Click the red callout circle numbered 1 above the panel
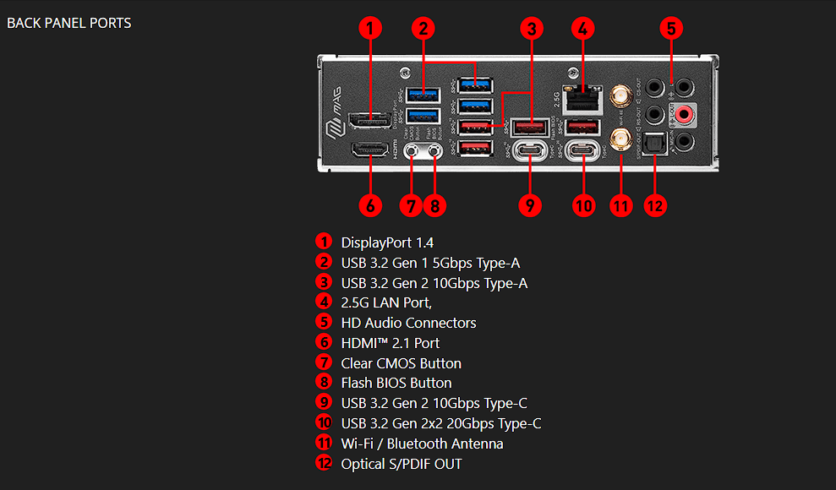369,28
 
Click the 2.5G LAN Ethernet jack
582,98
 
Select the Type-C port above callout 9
530,151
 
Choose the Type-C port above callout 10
582,151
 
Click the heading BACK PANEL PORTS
69,23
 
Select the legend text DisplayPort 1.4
387,242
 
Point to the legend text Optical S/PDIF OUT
402,464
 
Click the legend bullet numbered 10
324,422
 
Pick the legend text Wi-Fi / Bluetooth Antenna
422,444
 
